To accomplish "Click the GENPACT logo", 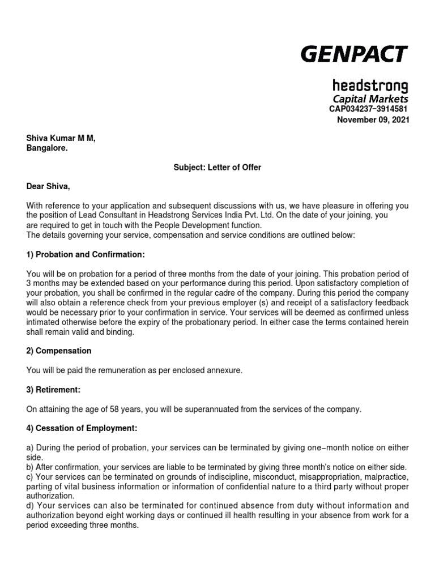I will click(x=353, y=54).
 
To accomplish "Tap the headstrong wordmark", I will click(x=370, y=86).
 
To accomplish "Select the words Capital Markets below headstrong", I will click(x=370, y=100).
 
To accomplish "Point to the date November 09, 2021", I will click(x=372, y=120).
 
